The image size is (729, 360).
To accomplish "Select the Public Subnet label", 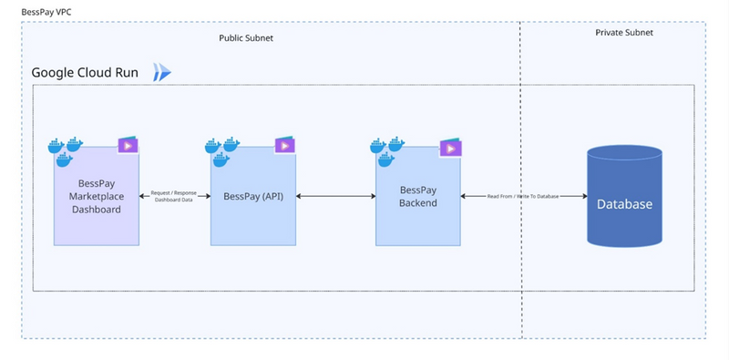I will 245,38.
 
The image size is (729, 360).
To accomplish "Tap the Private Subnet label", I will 623,33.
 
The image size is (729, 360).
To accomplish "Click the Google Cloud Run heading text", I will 85,73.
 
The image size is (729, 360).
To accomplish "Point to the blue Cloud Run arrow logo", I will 163,72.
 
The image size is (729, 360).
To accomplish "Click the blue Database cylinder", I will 624,196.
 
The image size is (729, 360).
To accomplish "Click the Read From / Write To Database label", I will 523,196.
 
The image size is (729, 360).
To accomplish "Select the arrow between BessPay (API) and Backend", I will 335,196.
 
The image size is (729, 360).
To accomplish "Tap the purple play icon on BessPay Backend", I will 449,145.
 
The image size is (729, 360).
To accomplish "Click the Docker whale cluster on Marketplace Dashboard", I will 66,150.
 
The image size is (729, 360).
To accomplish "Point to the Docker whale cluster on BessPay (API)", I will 223,150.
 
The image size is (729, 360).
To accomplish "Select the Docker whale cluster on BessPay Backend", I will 387,150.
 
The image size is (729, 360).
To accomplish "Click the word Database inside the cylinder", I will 624,204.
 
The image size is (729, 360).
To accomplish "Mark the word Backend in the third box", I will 418,202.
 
